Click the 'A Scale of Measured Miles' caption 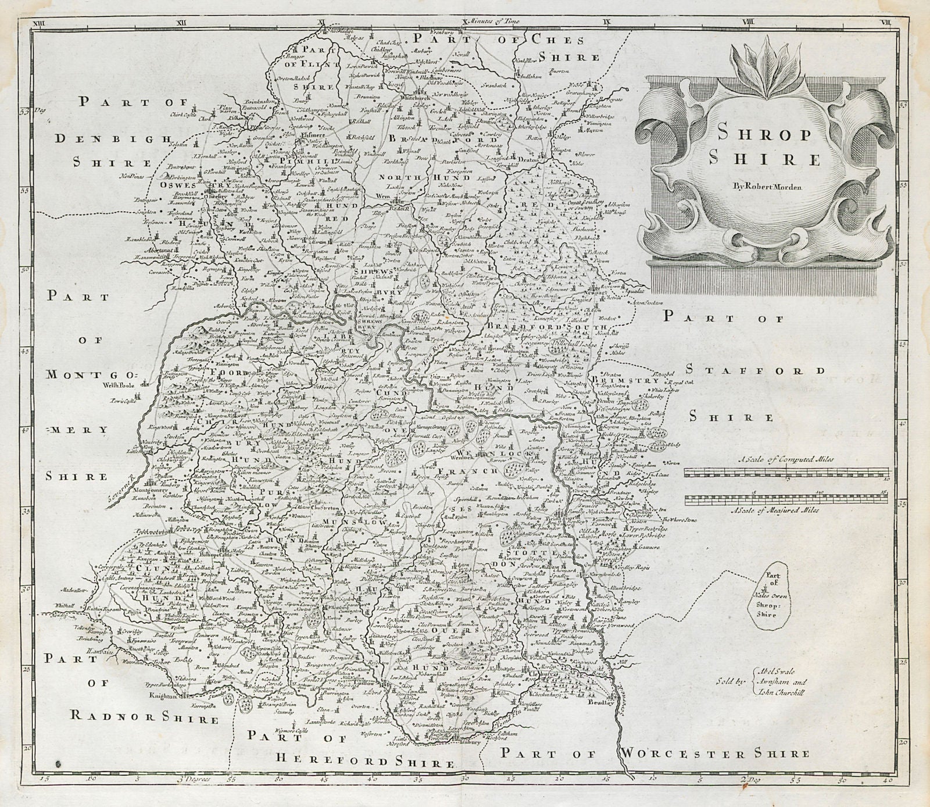(783, 510)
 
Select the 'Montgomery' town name (155, 491)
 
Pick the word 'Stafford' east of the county (755, 371)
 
